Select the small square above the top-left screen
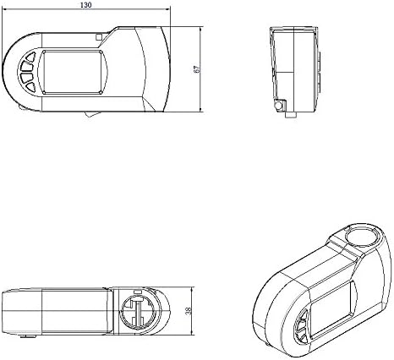coord(100,37)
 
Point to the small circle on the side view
coord(280,104)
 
